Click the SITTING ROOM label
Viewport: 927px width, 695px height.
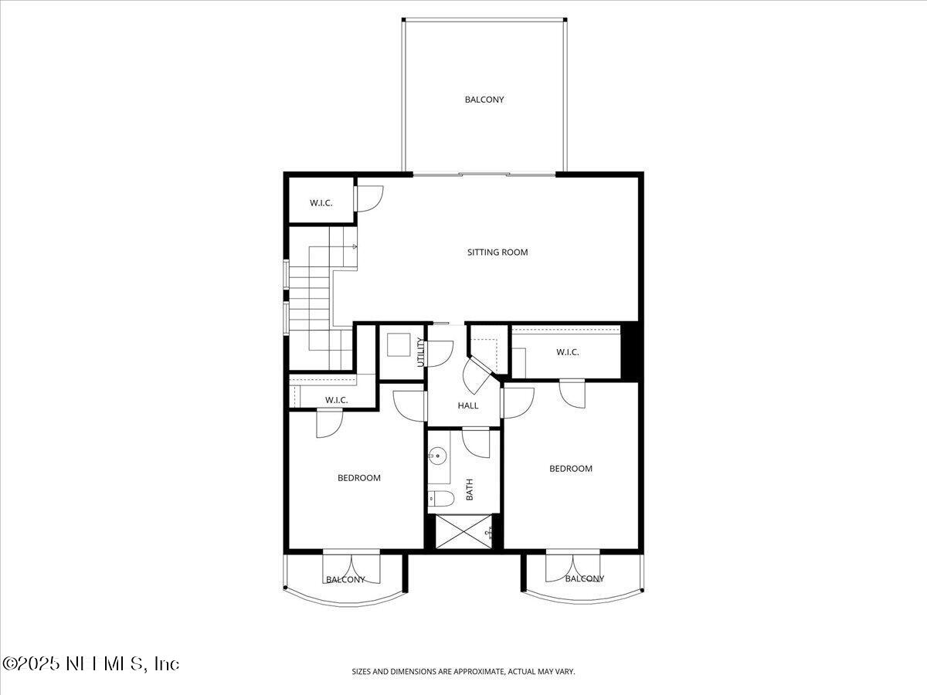(x=497, y=252)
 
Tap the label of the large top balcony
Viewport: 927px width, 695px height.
(x=484, y=100)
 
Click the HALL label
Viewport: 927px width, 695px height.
(x=468, y=405)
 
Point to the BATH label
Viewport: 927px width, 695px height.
(x=469, y=489)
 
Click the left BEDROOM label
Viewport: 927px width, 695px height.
(x=359, y=478)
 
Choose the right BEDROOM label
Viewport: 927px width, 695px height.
(x=571, y=469)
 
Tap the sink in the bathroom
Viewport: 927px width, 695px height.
(x=439, y=456)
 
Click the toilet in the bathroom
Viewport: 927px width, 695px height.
(x=437, y=498)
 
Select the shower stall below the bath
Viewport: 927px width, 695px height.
(x=463, y=532)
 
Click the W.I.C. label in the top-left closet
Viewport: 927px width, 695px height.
(x=321, y=203)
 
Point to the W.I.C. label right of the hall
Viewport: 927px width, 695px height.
(x=568, y=352)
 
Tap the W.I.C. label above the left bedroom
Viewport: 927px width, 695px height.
(x=336, y=400)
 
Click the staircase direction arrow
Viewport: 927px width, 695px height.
(x=353, y=247)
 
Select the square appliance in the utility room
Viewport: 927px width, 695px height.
(x=399, y=344)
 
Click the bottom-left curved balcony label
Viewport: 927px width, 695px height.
(x=345, y=579)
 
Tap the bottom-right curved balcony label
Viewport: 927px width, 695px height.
(x=584, y=578)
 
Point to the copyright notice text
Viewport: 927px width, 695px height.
(x=91, y=663)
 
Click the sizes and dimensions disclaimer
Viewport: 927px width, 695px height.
(x=463, y=672)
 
